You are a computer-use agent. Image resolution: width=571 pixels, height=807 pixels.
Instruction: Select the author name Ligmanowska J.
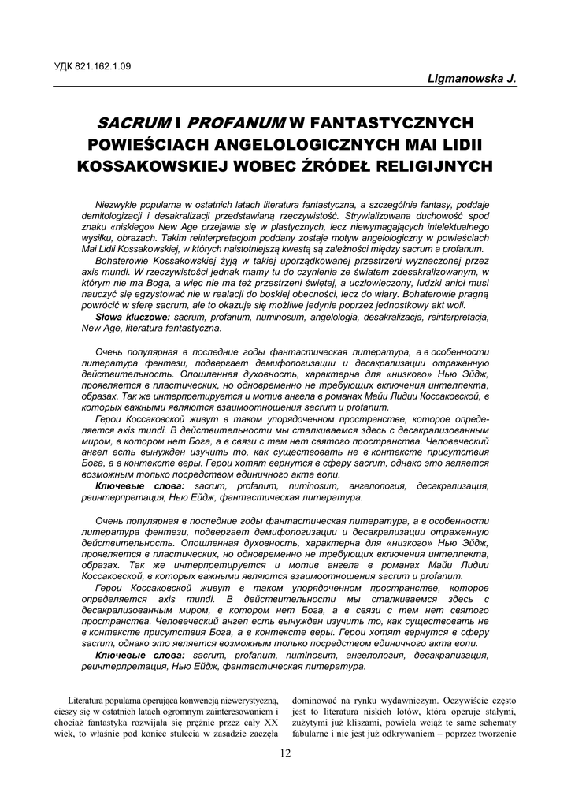[x=471, y=79]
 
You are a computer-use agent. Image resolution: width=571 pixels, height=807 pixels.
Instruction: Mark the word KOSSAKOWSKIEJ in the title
[x=151, y=167]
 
